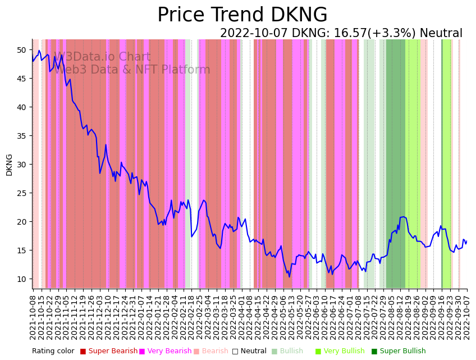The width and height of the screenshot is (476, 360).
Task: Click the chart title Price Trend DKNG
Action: [x=242, y=15]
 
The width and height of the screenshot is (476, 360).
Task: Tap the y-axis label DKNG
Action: [x=9, y=165]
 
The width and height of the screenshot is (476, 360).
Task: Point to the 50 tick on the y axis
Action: [x=21, y=50]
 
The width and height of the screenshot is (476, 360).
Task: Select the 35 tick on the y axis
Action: [x=21, y=136]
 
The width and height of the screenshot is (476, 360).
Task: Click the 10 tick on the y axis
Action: [x=21, y=279]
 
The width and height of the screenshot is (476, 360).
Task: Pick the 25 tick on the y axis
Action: [x=21, y=193]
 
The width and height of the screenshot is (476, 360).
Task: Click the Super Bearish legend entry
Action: [x=112, y=352]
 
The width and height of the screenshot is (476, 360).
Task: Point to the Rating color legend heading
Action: [x=53, y=352]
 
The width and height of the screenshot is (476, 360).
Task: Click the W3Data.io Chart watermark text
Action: [x=102, y=57]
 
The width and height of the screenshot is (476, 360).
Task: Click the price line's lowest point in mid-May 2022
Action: [x=290, y=276]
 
